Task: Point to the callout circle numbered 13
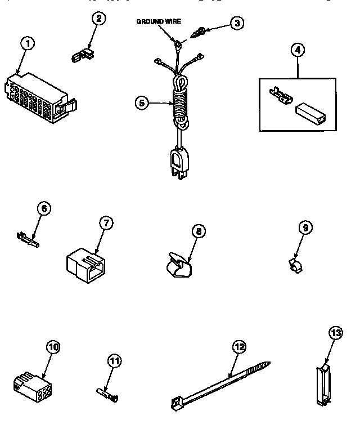coord(335,334)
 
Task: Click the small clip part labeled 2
coord(83,55)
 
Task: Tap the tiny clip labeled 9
coord(295,262)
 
